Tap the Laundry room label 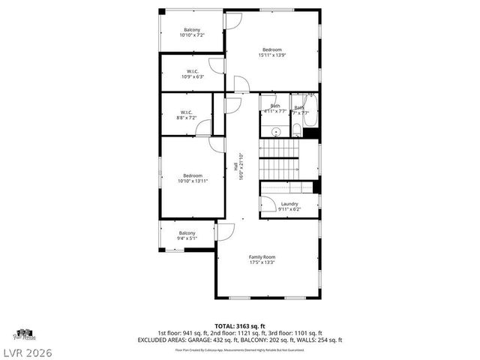(289, 204)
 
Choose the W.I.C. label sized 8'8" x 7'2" (187, 112)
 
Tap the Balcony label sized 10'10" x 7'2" (192, 29)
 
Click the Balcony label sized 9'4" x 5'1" (187, 233)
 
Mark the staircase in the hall (279, 160)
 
